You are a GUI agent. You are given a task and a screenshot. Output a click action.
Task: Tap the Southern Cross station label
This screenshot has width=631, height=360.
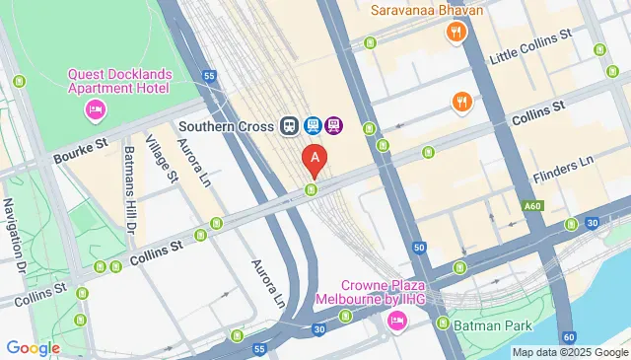tap(226, 126)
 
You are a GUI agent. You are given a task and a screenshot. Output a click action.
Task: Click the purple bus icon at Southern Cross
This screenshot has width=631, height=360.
tap(334, 126)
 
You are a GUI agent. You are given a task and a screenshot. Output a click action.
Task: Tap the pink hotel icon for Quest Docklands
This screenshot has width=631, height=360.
tap(96, 108)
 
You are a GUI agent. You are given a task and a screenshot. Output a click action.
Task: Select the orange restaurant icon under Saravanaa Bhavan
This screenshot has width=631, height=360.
tap(455, 33)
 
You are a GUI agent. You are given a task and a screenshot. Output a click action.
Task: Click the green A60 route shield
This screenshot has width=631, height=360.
tap(533, 206)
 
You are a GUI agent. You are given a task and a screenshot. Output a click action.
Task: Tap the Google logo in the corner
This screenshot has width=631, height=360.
tap(33, 347)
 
